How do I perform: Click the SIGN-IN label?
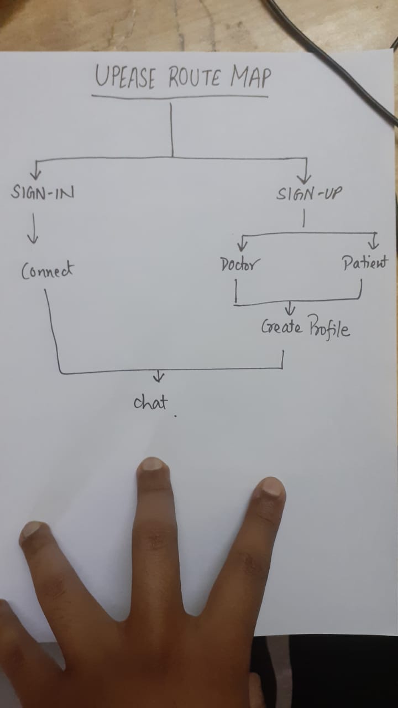(43, 194)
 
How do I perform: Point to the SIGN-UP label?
(309, 194)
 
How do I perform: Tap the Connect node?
(47, 270)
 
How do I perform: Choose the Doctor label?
(238, 264)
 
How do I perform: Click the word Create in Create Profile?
(282, 327)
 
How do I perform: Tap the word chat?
(150, 402)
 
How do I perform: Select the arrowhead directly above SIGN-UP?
(304, 178)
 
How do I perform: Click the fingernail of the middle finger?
(153, 464)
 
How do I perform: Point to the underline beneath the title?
(180, 96)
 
